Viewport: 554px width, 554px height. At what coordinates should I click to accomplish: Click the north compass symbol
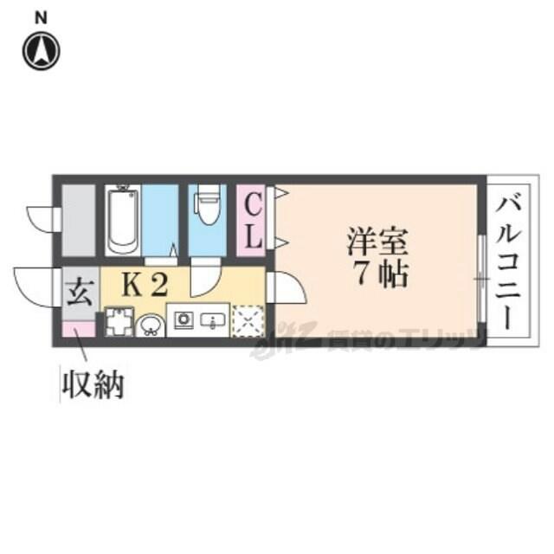(x=41, y=51)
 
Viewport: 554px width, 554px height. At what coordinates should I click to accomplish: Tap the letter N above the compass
(x=41, y=17)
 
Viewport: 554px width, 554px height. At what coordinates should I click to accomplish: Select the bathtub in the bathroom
(x=123, y=220)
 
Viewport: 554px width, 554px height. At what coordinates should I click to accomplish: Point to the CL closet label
(x=251, y=221)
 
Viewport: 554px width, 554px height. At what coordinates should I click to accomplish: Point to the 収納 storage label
(x=92, y=383)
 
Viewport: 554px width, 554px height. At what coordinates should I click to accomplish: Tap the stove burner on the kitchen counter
(x=184, y=320)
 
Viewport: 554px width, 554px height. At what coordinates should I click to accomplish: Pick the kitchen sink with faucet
(x=212, y=321)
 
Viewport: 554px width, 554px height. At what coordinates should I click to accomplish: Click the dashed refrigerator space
(x=248, y=321)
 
